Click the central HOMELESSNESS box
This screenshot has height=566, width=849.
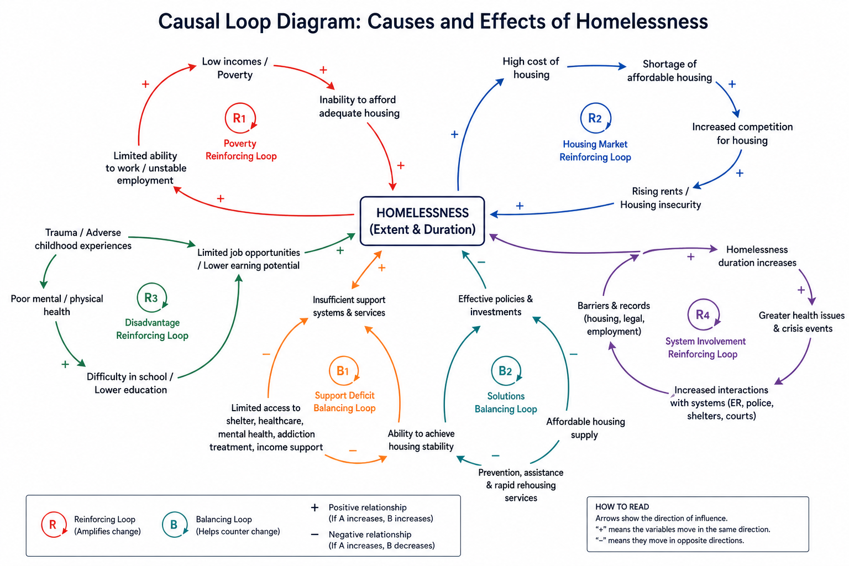(x=422, y=221)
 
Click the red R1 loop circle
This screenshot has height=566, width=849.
(x=240, y=118)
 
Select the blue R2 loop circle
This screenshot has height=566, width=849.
(x=595, y=118)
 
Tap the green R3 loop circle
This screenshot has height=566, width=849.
(x=151, y=298)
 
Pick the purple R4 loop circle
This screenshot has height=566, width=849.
(x=703, y=315)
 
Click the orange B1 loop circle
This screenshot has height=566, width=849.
(x=343, y=371)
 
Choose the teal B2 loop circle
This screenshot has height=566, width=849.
(x=505, y=371)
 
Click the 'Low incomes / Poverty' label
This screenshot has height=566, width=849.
(x=234, y=68)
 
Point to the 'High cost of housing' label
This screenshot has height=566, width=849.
(x=531, y=68)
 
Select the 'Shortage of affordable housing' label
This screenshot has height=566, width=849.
(x=669, y=71)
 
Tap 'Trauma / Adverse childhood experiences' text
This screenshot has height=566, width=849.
(x=83, y=239)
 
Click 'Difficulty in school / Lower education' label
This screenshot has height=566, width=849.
(x=130, y=383)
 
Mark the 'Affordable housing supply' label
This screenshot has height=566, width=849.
(x=585, y=428)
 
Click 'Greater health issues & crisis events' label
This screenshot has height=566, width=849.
(x=801, y=322)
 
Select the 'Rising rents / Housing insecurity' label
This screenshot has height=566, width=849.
(x=660, y=198)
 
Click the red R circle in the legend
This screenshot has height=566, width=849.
(x=54, y=525)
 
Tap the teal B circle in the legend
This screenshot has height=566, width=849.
(x=174, y=525)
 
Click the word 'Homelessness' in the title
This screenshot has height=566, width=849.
(x=641, y=22)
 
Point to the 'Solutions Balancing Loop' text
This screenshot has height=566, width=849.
(x=506, y=402)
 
